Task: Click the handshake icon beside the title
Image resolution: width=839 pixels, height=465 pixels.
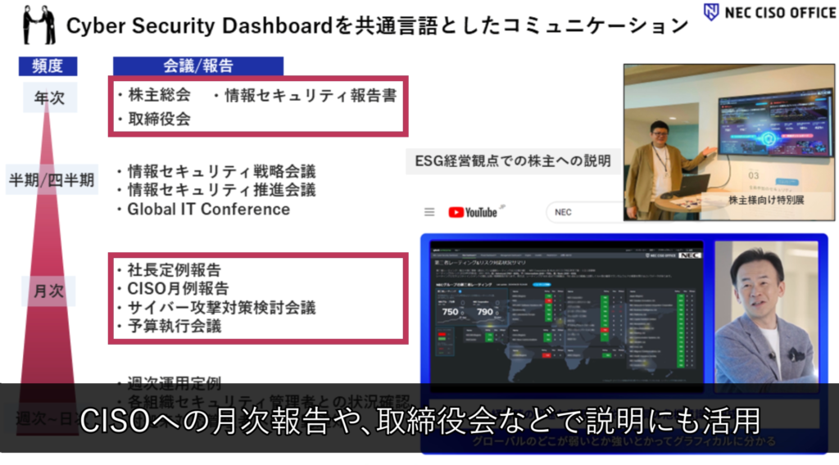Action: click(39, 25)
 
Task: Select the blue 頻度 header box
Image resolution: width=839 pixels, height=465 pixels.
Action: click(48, 66)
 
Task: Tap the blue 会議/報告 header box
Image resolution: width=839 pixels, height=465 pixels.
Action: click(197, 66)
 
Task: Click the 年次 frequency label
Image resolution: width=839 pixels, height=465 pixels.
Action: click(48, 98)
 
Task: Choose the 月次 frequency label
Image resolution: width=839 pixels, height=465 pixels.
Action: click(48, 291)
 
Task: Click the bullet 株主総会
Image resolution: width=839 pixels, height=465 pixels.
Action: click(159, 96)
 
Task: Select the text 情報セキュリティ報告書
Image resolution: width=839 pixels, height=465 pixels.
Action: click(310, 96)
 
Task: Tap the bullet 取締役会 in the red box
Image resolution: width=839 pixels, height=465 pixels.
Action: click(159, 119)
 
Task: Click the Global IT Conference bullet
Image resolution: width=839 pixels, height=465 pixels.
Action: click(208, 210)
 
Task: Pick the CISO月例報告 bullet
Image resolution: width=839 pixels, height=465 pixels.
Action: click(178, 288)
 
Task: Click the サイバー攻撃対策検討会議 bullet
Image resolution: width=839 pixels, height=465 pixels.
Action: click(221, 307)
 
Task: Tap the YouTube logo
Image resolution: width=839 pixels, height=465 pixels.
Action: click(473, 212)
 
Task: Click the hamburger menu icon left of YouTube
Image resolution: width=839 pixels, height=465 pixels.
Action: click(429, 212)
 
